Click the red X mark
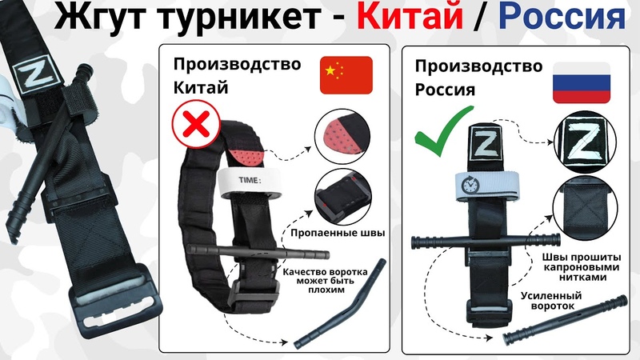point(193,128)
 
